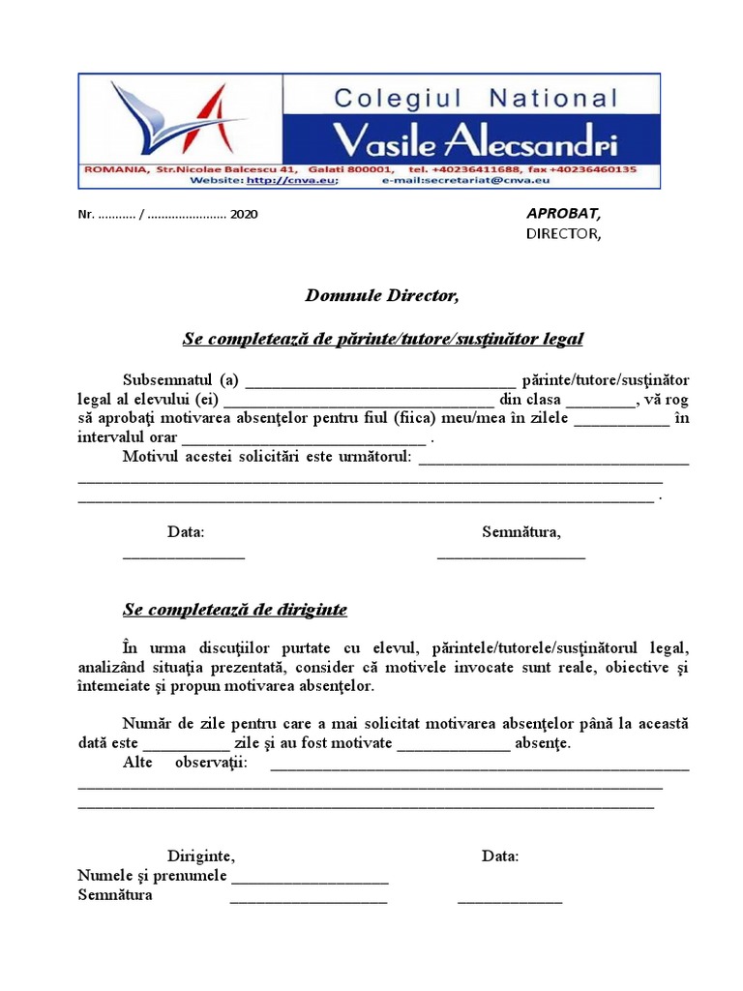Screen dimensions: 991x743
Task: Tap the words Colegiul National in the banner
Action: point(474,98)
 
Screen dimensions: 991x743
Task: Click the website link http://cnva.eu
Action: point(291,180)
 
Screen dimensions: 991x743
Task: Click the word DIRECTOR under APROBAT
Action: point(563,233)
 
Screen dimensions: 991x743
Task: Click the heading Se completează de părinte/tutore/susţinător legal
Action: point(383,339)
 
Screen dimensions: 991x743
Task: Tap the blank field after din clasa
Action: point(600,401)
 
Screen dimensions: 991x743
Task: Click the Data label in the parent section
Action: point(186,531)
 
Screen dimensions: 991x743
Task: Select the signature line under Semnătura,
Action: point(511,555)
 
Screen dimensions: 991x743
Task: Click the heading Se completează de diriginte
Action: point(235,610)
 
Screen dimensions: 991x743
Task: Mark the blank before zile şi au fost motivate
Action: point(187,745)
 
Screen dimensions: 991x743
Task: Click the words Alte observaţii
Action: point(185,763)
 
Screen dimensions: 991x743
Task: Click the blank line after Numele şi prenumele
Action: point(310,879)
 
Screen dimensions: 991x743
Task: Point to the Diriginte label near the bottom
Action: point(200,856)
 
